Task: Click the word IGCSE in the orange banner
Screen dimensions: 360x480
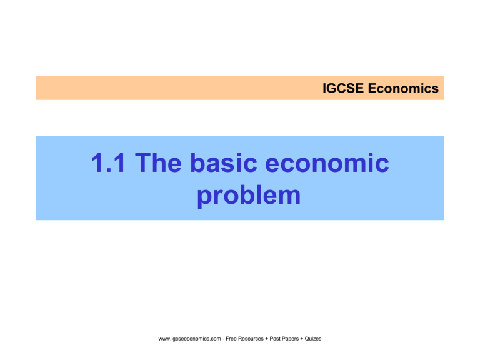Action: pyautogui.click(x=341, y=89)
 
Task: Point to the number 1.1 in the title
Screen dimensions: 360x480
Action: pyautogui.click(x=110, y=165)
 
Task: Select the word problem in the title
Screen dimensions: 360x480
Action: pyautogui.click(x=249, y=196)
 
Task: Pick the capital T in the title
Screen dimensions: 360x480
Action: pyautogui.click(x=144, y=165)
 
